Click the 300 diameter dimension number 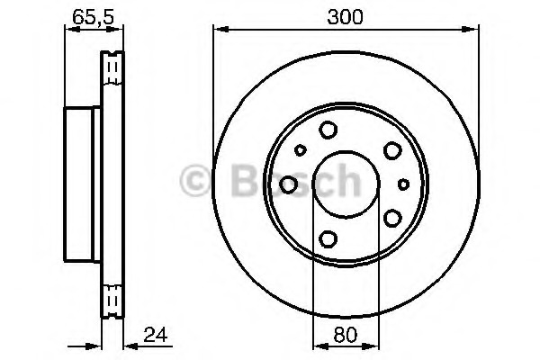point(345,16)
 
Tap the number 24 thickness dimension point(156,335)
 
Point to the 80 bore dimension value point(346,335)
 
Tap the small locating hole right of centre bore point(403,184)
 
